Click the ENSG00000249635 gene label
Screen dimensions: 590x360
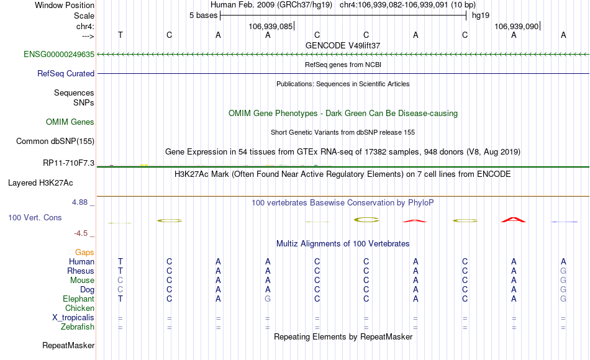click(59, 55)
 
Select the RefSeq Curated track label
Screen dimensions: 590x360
click(65, 74)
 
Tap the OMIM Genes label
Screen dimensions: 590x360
click(70, 122)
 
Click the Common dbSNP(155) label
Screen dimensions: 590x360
click(55, 141)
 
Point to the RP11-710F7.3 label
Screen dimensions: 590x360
click(68, 163)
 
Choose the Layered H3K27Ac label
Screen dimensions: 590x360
click(40, 183)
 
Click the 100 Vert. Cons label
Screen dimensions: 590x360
click(35, 217)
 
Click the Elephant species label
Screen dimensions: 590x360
click(78, 299)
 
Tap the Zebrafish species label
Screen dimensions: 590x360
click(78, 326)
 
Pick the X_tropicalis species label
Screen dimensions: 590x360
click(73, 318)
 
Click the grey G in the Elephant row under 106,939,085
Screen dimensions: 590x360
click(268, 299)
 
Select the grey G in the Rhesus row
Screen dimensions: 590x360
click(563, 271)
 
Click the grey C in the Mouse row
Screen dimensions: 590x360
click(120, 281)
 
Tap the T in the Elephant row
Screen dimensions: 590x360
click(120, 299)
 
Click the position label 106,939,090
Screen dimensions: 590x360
click(516, 26)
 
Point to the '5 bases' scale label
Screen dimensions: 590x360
click(203, 16)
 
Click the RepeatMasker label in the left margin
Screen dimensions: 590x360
click(68, 345)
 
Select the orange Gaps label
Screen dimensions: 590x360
click(84, 252)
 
